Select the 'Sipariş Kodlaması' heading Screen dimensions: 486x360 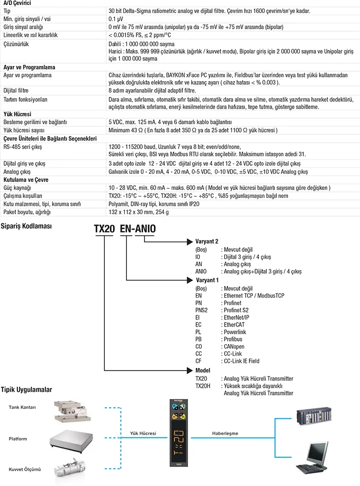tap(26, 226)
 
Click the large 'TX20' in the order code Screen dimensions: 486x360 tap(104, 228)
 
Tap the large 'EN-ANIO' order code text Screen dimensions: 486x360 tap(138, 228)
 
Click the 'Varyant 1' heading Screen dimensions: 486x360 tap(207, 280)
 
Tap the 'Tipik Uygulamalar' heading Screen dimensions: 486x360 tap(27, 389)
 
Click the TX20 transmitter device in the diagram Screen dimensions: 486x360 tap(178, 432)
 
